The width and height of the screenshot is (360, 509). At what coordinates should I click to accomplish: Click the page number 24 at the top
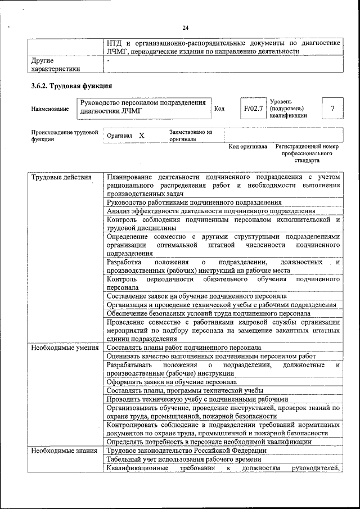(185, 28)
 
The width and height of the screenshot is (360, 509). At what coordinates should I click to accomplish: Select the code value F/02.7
(253, 108)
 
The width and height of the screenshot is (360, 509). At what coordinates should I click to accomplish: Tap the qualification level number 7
(332, 108)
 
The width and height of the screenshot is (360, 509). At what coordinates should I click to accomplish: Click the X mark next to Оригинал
(141, 136)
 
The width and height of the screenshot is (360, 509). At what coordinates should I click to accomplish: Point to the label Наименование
(51, 109)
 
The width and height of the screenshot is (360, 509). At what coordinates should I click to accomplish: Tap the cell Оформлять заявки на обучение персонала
(172, 382)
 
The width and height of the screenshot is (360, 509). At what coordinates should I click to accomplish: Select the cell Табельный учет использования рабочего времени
(182, 459)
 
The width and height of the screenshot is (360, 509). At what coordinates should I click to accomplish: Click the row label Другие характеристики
(55, 65)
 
